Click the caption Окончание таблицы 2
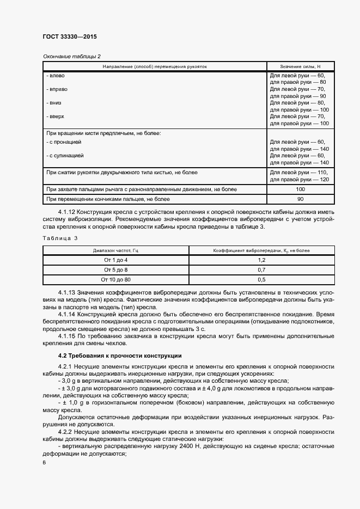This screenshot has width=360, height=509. (x=71, y=56)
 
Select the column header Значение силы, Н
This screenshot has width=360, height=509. (x=300, y=66)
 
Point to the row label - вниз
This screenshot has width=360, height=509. (x=54, y=102)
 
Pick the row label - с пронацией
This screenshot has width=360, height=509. (x=64, y=142)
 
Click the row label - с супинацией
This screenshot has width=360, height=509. (x=65, y=156)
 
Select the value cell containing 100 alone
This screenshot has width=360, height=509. (x=300, y=189)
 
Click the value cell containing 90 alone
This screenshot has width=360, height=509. (x=300, y=199)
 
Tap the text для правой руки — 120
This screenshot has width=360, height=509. (x=300, y=179)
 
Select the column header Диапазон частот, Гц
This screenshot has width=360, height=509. (x=115, y=250)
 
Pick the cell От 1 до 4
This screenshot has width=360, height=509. (x=115, y=260)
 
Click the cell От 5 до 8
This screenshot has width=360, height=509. (x=115, y=269)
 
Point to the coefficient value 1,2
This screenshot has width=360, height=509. (x=261, y=260)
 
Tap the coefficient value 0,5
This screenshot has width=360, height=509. (x=261, y=279)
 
